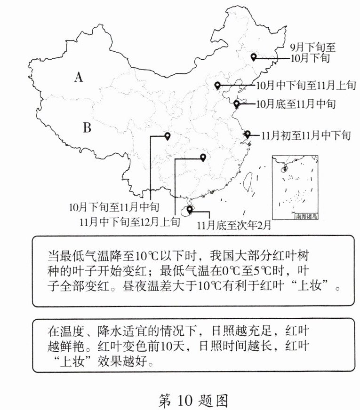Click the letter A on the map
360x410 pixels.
79,77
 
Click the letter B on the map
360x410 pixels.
87,127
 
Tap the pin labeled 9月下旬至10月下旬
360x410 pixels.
254,57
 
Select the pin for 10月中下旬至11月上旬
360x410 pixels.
217,85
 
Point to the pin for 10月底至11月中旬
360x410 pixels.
237,103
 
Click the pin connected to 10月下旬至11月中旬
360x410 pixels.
167,136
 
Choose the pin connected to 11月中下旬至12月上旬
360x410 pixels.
203,158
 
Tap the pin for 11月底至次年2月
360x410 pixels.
190,209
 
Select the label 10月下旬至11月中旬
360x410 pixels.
114,206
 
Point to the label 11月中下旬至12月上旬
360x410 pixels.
130,221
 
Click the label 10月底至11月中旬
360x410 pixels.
296,103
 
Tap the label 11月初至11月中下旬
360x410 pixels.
306,135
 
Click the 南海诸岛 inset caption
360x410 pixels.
307,216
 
